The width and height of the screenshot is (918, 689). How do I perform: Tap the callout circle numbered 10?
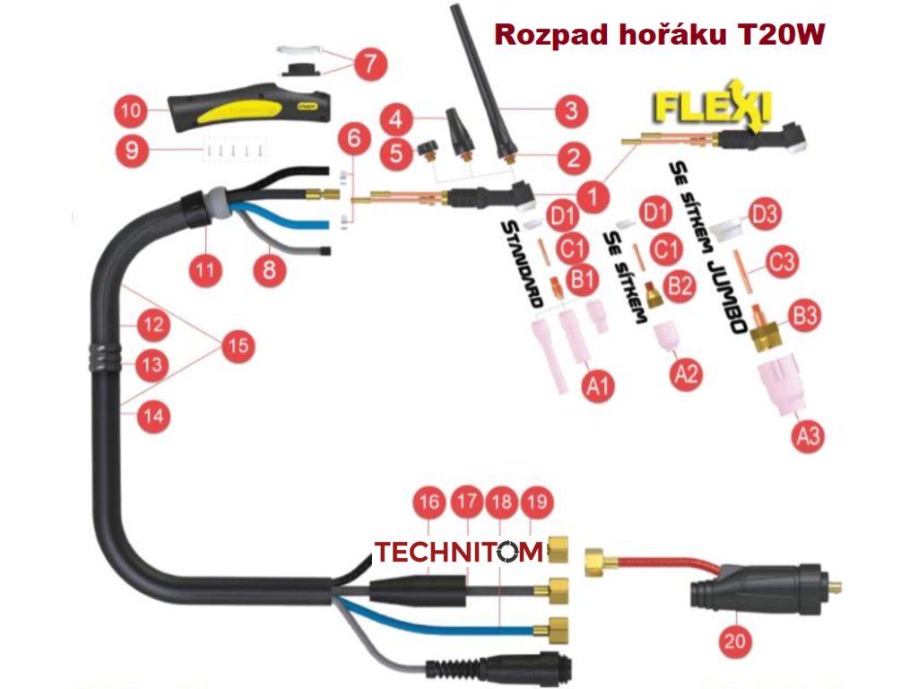pyautogui.click(x=132, y=111)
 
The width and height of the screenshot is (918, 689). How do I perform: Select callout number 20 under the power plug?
pyautogui.click(x=738, y=641)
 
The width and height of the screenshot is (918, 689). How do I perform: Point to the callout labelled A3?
pyautogui.click(x=808, y=437)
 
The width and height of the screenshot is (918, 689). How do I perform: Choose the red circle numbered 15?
pyautogui.click(x=237, y=347)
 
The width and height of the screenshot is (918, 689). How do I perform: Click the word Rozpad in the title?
pyautogui.click(x=548, y=35)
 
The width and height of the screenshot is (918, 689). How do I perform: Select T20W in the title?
pyautogui.click(x=779, y=35)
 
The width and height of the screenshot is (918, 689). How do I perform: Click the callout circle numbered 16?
pyautogui.click(x=430, y=503)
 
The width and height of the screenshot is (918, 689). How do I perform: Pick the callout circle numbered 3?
pyautogui.click(x=570, y=112)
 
